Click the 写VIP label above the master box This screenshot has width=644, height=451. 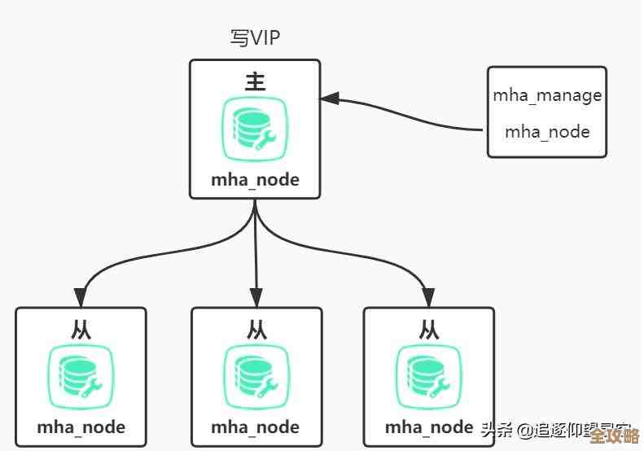coord(256,38)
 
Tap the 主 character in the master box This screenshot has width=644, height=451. coord(255,81)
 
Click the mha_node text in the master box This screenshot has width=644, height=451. coord(255,179)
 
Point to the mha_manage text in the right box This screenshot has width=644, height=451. coord(547,95)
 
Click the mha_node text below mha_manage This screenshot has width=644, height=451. coord(547,131)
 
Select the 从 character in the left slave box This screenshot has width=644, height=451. coord(81,329)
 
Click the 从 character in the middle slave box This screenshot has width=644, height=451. coord(256,329)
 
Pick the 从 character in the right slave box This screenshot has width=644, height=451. coord(429,329)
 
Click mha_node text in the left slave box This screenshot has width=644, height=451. coord(81,427)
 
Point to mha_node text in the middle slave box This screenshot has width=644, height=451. coord(255,427)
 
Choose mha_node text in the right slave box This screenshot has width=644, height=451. coord(429,427)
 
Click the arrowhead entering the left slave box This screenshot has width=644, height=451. coord(81,296)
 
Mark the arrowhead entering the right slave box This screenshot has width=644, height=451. coord(427,296)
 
